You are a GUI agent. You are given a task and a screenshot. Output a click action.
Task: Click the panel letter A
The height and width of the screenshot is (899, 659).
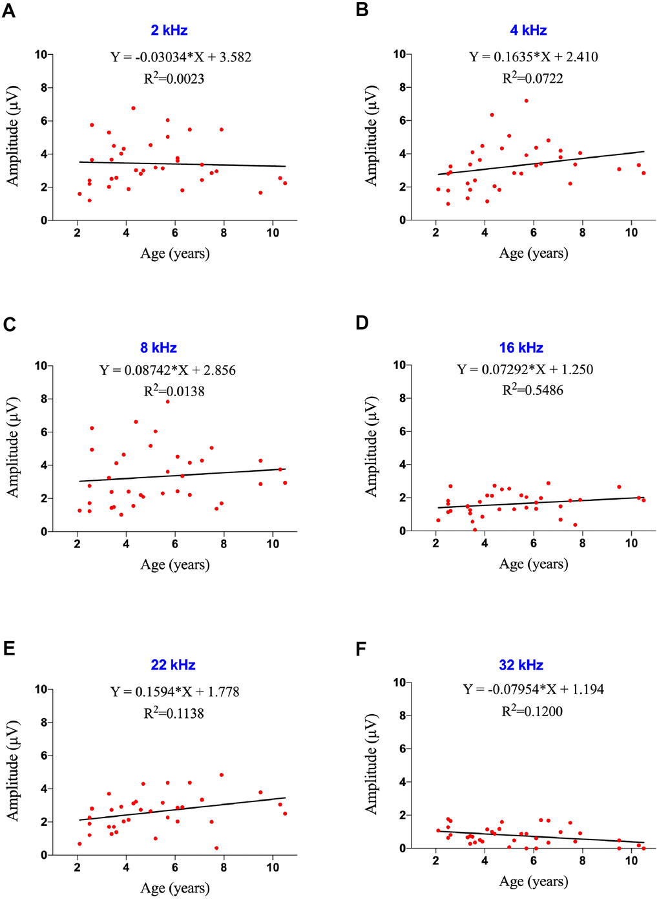pos(8,11)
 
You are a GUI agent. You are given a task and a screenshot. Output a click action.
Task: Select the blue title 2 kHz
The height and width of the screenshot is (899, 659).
pos(169,30)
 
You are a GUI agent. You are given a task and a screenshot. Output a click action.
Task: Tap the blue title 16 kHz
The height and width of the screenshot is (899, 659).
pos(521,348)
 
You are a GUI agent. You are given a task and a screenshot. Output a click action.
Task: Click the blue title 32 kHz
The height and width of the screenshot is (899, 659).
pos(521,665)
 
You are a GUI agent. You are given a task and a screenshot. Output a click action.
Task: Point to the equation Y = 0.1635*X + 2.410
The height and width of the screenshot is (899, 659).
pos(534,57)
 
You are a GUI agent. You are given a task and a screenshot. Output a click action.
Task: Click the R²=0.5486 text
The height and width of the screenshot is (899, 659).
pos(533,390)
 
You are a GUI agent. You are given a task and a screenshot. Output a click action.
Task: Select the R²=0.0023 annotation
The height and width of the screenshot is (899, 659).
pos(174,79)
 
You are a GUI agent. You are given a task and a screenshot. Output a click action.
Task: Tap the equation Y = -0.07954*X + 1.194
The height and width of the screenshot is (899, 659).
pos(534,689)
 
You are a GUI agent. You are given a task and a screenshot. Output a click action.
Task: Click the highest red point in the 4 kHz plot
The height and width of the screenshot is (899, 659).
pos(527,101)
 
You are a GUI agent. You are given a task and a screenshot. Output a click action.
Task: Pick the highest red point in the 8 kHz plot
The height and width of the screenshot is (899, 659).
pos(167,401)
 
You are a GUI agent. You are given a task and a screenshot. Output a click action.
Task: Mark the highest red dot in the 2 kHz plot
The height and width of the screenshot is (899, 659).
pos(133,108)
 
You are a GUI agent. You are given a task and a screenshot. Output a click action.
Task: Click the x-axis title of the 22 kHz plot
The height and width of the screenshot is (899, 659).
pos(175,888)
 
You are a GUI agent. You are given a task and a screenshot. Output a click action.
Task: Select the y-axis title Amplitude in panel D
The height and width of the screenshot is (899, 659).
pos(371,447)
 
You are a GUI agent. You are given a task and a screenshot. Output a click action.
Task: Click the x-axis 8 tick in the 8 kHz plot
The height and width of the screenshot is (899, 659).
pos(224,544)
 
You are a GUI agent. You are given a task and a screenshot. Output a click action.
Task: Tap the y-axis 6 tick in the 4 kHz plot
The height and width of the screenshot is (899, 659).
pos(402,121)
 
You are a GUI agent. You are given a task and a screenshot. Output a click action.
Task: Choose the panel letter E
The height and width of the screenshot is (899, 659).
pos(8,648)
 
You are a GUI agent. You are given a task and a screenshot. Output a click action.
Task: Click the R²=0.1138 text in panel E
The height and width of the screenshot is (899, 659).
pos(174,713)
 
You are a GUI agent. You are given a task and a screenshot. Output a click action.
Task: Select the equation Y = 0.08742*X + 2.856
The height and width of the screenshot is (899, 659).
pos(168,370)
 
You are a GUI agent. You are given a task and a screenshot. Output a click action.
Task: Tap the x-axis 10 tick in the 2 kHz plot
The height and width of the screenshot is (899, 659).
pos(273,233)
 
